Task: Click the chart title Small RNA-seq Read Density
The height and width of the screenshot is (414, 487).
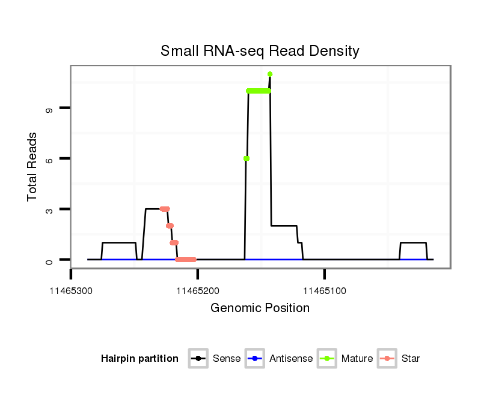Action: [260, 51]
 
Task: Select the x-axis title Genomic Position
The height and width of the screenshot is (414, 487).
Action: [260, 308]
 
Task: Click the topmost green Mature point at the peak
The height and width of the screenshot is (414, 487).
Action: [270, 74]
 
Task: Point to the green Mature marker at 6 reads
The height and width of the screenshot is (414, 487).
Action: [247, 158]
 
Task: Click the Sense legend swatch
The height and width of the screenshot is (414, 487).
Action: [198, 359]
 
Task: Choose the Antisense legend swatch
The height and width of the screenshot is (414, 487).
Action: [255, 359]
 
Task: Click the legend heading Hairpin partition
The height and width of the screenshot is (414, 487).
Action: [139, 359]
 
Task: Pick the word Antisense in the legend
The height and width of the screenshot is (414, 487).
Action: [291, 359]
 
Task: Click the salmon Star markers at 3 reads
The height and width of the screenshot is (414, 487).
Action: [165, 209]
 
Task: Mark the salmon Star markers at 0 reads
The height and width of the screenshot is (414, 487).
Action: [186, 260]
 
